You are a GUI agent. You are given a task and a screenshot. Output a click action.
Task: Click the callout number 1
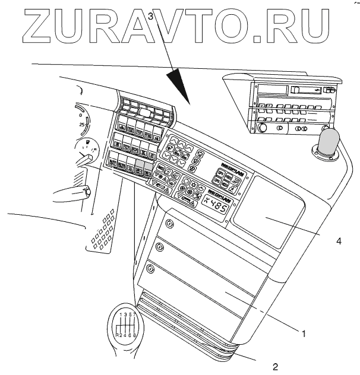point(304,334)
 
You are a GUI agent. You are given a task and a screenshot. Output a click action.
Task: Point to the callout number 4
point(338,241)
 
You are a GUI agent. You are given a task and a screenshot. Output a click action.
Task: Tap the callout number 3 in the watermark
point(151,17)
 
